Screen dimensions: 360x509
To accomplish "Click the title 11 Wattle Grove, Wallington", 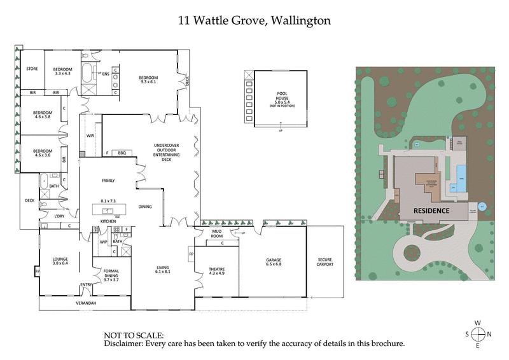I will click(254, 20).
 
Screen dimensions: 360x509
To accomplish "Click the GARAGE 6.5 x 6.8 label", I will click(273, 262).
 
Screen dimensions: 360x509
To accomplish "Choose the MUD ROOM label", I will click(221, 233).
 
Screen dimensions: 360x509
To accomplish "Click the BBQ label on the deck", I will click(122, 153).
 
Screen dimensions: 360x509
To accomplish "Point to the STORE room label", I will click(32, 69).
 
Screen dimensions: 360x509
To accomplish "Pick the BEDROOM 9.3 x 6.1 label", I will click(148, 80).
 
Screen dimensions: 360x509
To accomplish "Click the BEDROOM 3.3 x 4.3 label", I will click(62, 71).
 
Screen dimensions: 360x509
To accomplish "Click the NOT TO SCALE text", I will click(133, 335).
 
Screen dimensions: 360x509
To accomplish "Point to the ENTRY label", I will click(86, 284).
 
